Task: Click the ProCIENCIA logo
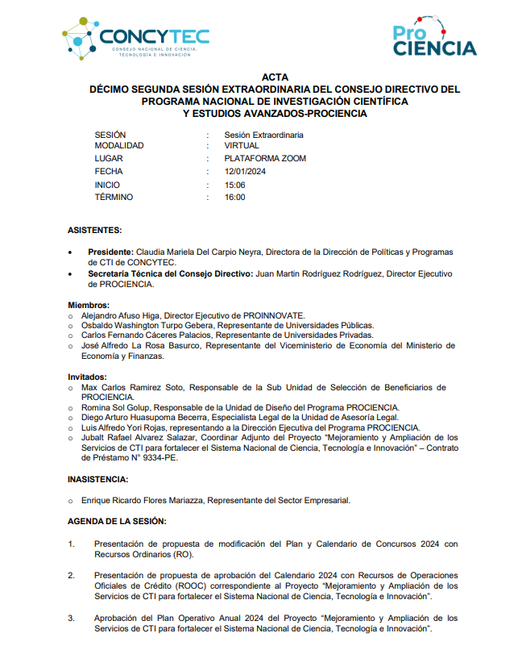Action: (434, 40)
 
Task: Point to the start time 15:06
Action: (235, 185)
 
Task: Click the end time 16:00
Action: (235, 197)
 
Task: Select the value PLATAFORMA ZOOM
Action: (265, 159)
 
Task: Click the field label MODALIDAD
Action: (119, 146)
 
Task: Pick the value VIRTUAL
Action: (242, 146)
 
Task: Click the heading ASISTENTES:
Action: (95, 230)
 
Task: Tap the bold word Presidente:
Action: (110, 252)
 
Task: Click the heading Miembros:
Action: (89, 305)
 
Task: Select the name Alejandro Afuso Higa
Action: (122, 315)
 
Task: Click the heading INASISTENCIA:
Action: (99, 479)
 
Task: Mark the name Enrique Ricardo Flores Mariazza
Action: (143, 501)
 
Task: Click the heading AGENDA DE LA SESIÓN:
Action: (117, 522)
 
